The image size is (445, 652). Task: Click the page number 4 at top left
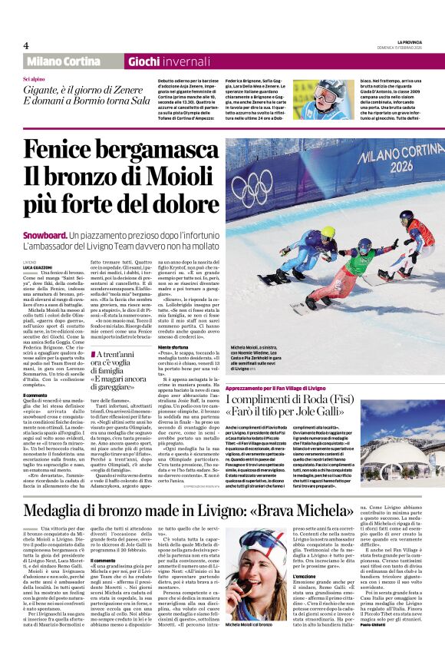click(x=26, y=45)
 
